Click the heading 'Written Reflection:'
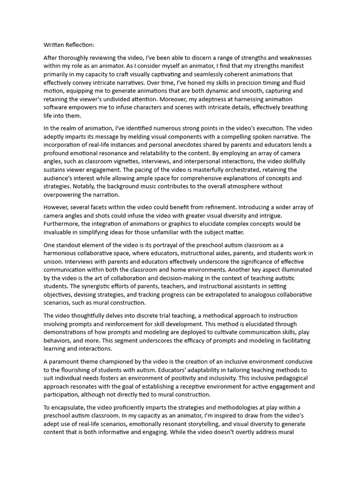tap(69, 45)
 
